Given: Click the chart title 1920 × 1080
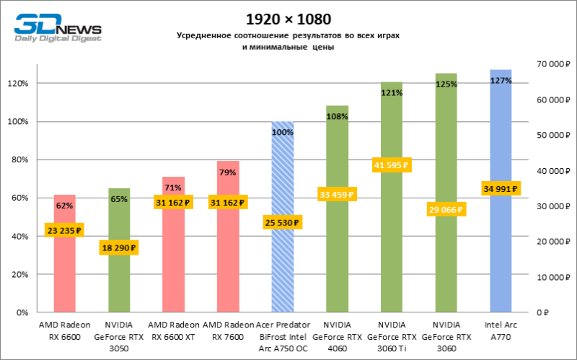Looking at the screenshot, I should point(288,18).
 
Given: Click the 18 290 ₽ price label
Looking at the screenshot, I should point(119,247).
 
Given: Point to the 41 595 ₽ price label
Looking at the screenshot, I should point(392,165).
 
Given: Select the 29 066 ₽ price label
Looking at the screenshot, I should point(446,209).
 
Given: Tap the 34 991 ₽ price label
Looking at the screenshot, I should point(501,188).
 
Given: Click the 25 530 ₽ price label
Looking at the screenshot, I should point(283,222).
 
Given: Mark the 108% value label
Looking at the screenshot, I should point(338,115).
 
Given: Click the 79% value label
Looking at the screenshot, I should point(228,172).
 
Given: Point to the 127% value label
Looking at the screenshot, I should point(501,81).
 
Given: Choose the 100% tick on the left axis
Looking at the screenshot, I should point(18,121).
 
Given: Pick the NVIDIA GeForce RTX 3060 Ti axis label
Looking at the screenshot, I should point(392,335).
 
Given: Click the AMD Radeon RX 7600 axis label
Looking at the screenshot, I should point(228,330).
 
